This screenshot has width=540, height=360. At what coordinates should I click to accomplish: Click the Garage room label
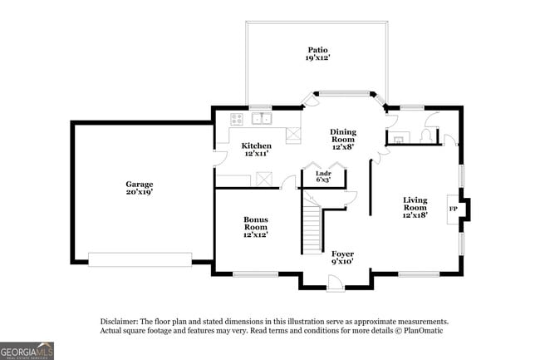[x=139, y=184]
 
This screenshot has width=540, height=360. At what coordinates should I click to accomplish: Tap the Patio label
[x=315, y=50]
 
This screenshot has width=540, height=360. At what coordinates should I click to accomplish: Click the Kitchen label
[x=256, y=145]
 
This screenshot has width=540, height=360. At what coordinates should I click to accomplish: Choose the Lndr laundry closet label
[x=323, y=173]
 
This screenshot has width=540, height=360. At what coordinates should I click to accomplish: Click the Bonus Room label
[x=255, y=223]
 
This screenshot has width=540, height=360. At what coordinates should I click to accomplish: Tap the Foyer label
[x=342, y=254]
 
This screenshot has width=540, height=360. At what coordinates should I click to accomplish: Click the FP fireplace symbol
[x=453, y=209]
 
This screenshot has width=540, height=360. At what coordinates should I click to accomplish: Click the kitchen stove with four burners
[x=237, y=117]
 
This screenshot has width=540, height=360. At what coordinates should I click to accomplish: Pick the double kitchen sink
[x=263, y=117]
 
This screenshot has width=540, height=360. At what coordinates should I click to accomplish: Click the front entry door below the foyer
[x=335, y=285]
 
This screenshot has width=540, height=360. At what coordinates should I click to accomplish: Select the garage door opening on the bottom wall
[x=140, y=260]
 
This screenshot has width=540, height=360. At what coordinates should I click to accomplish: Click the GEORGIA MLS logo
[x=27, y=350]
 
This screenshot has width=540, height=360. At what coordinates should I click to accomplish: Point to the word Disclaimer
[x=119, y=321]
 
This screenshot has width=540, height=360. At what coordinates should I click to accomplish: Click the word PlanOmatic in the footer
[x=426, y=331]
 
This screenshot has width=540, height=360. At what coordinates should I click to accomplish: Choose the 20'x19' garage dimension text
[x=139, y=192]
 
